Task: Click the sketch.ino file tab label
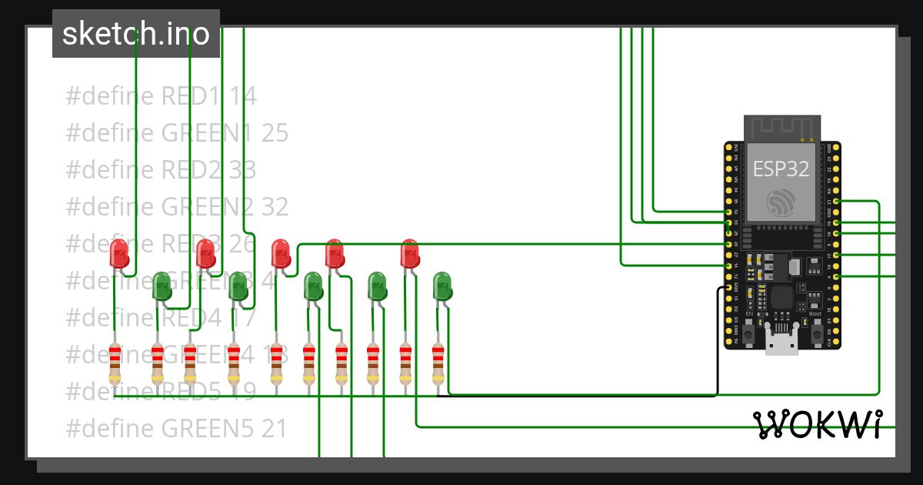136,34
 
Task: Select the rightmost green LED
442,286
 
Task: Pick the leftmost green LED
162,286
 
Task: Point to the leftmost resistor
115,363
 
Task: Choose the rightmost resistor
438,363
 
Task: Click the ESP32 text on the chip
781,169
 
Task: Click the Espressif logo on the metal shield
782,202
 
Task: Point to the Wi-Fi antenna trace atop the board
782,128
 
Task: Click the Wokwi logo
816,424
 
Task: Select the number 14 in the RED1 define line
243,96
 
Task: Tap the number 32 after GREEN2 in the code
275,206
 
